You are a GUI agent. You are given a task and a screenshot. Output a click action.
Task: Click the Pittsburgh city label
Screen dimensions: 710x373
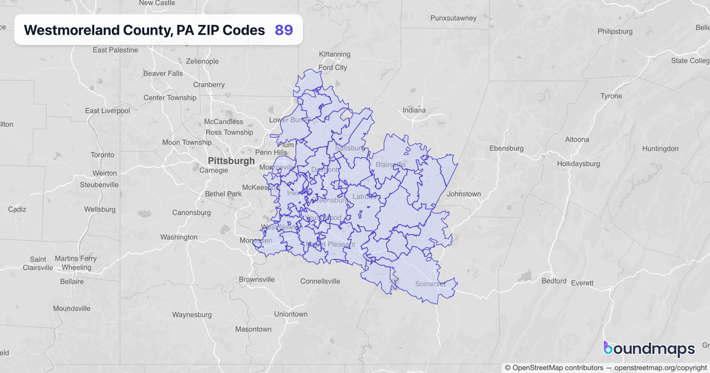click(x=231, y=160)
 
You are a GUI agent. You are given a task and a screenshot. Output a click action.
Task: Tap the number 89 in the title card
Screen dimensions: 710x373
click(x=284, y=30)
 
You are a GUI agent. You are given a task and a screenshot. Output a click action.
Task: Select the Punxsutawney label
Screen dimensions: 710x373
click(x=454, y=18)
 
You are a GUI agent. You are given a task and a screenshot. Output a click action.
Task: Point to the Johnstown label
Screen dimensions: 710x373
click(x=464, y=194)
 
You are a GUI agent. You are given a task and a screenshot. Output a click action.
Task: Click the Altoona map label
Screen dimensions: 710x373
click(x=577, y=140)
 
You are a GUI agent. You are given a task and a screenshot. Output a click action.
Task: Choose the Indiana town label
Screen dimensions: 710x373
click(x=414, y=110)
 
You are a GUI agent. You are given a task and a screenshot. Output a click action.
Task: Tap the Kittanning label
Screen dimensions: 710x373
click(x=334, y=54)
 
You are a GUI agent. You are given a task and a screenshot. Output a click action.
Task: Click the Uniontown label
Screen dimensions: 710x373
click(x=291, y=314)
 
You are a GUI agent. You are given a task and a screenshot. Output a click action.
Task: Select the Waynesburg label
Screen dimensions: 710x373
click(x=192, y=314)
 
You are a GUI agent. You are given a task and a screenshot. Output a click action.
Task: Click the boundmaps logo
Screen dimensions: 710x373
click(x=648, y=349)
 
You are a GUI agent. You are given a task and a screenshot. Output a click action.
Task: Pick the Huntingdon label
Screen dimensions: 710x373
click(x=660, y=149)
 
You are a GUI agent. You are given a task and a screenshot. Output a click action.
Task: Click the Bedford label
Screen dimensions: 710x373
click(x=554, y=281)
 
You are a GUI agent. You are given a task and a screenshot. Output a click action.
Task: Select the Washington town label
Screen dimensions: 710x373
click(x=179, y=237)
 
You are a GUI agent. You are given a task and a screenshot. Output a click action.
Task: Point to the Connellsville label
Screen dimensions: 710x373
click(x=320, y=281)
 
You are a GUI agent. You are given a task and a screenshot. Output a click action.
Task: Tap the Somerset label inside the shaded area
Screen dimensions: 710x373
click(x=430, y=284)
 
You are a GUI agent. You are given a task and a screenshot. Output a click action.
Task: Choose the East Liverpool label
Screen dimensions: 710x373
click(x=107, y=111)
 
